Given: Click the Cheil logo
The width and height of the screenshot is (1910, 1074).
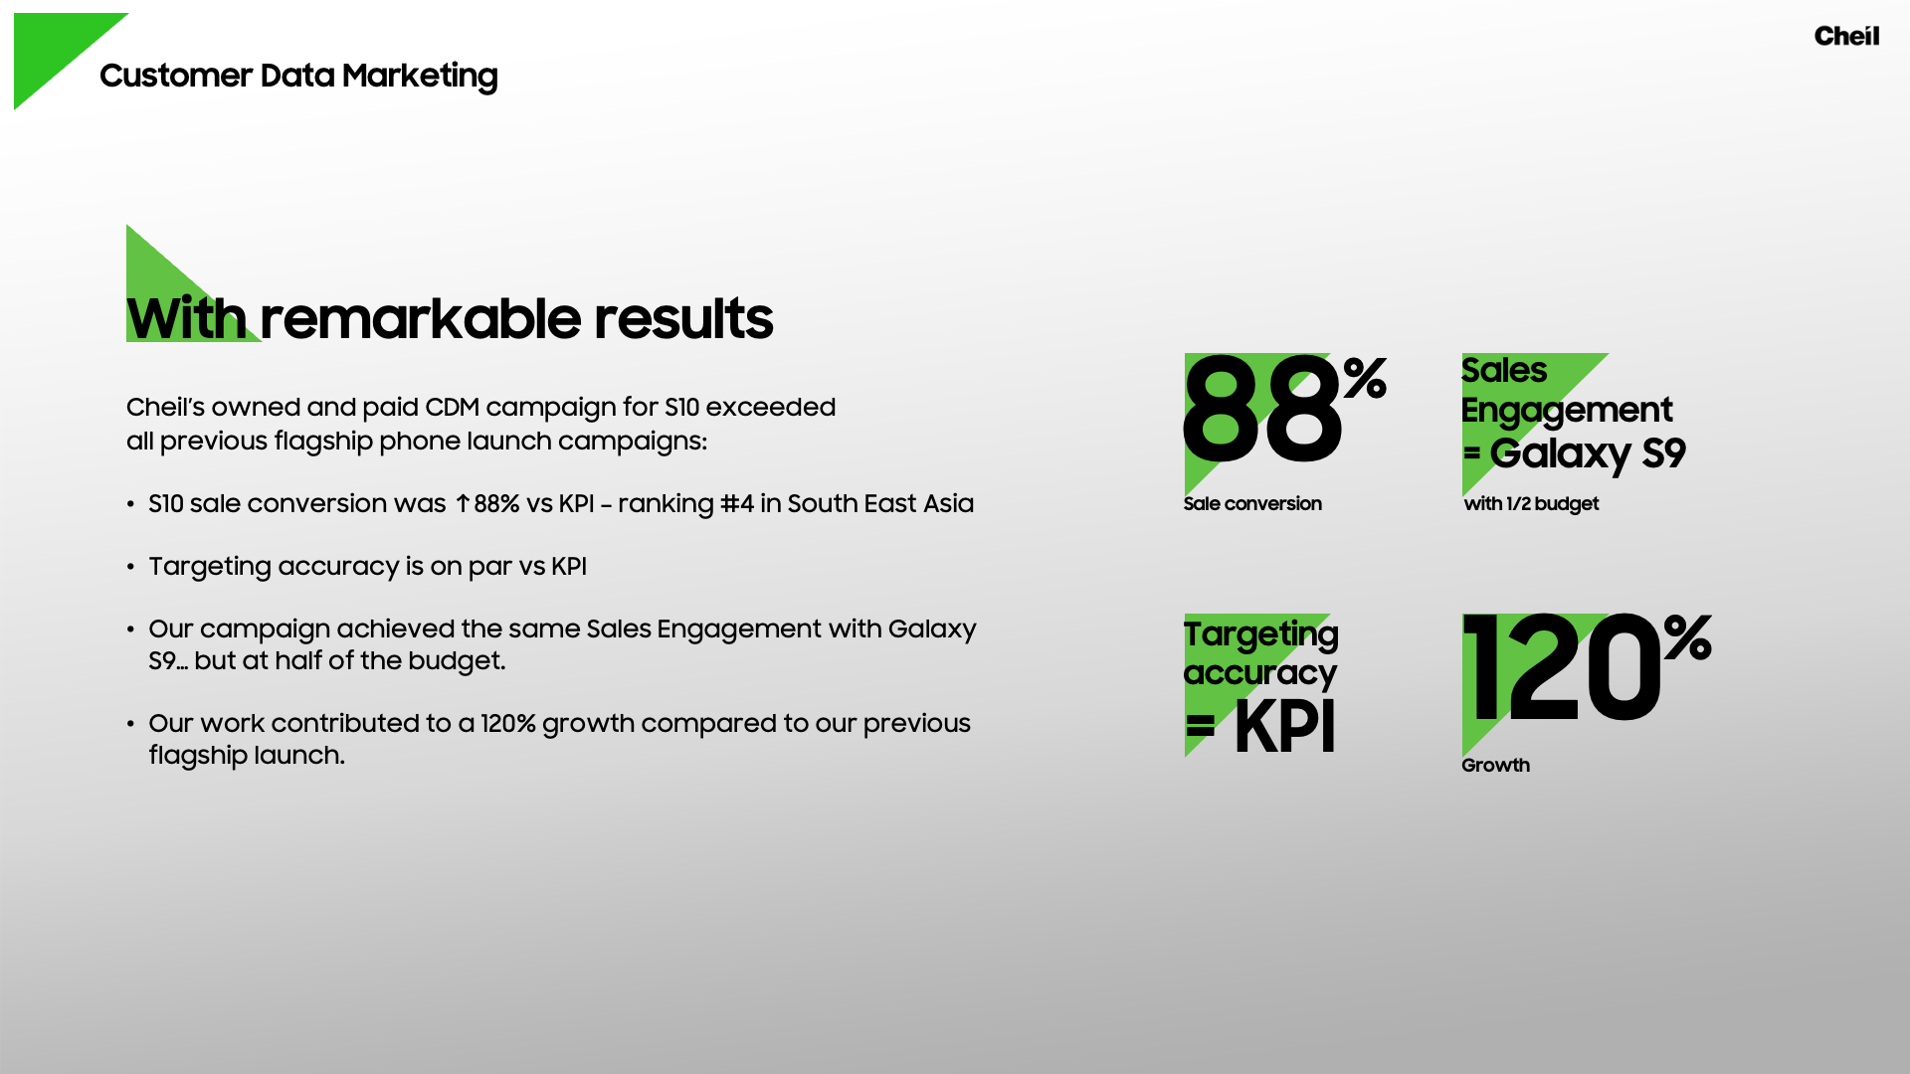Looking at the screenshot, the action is click(1846, 36).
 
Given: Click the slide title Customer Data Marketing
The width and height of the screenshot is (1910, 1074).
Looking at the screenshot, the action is click(298, 77).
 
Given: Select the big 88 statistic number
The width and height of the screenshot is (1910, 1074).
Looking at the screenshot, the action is click(1261, 411).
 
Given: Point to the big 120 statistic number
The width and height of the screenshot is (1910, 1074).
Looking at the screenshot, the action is click(1562, 668).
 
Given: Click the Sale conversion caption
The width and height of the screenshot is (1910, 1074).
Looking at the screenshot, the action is click(1252, 504).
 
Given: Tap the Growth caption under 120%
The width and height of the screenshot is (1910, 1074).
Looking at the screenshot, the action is click(1495, 765).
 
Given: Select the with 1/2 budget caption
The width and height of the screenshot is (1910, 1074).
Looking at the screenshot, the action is click(1531, 504).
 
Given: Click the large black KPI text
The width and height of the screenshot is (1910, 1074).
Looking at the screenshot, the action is click(1284, 727).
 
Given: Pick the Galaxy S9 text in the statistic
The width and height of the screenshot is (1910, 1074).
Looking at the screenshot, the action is click(1588, 453).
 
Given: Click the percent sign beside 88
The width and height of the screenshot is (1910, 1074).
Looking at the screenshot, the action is click(1365, 378).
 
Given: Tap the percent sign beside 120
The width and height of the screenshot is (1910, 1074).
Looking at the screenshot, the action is click(1687, 637).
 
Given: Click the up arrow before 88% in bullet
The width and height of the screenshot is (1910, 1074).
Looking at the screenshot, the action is click(463, 504).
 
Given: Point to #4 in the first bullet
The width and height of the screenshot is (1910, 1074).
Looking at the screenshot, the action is click(737, 504).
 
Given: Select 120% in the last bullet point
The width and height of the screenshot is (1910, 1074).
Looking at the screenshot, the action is click(508, 724).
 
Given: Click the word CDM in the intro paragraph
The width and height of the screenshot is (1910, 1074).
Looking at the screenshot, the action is click(453, 408).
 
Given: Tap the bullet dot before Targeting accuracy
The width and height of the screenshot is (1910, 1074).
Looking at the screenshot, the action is click(130, 567).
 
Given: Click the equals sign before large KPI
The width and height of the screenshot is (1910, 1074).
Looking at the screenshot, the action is click(1201, 726).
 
